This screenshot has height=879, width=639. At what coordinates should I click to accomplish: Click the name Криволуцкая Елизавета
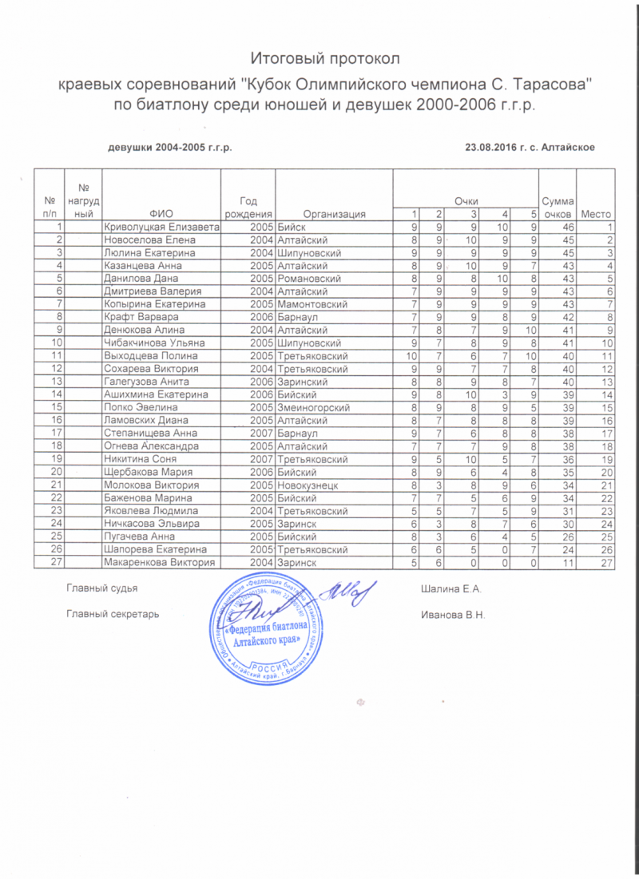tap(161, 228)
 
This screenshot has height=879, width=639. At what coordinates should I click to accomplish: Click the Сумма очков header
tap(557, 207)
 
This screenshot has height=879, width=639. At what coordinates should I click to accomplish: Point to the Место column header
tap(596, 214)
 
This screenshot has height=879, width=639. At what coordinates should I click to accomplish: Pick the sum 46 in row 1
tap(557, 228)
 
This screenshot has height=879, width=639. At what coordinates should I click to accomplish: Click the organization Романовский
tap(309, 279)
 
